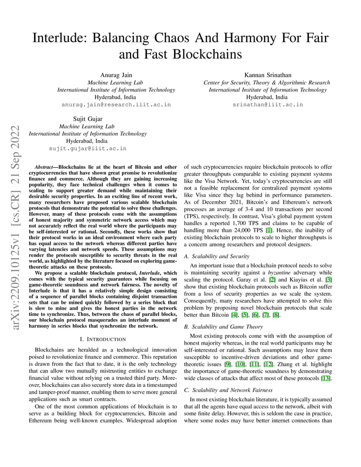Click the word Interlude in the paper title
(x=59, y=38)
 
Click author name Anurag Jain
(x=116, y=75)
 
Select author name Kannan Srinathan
(x=266, y=75)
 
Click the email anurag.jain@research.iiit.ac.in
(x=116, y=105)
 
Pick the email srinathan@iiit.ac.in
(x=267, y=105)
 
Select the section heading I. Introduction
(x=103, y=339)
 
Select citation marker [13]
(x=326, y=378)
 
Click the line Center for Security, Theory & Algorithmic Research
(x=266, y=82)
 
